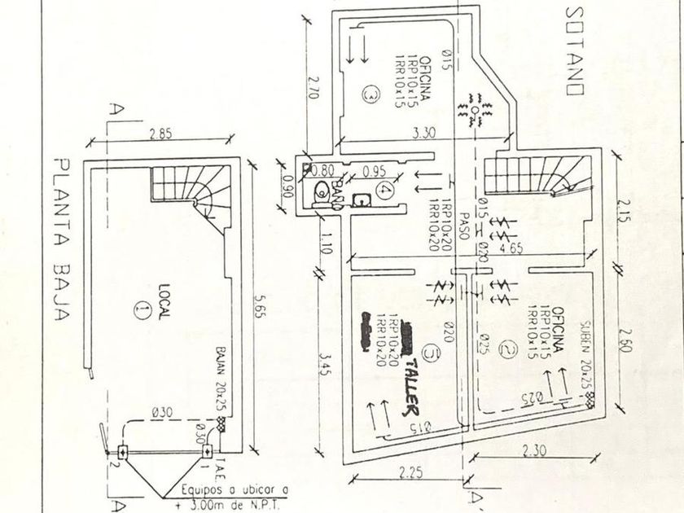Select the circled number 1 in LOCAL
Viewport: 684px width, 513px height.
(x=145, y=309)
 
